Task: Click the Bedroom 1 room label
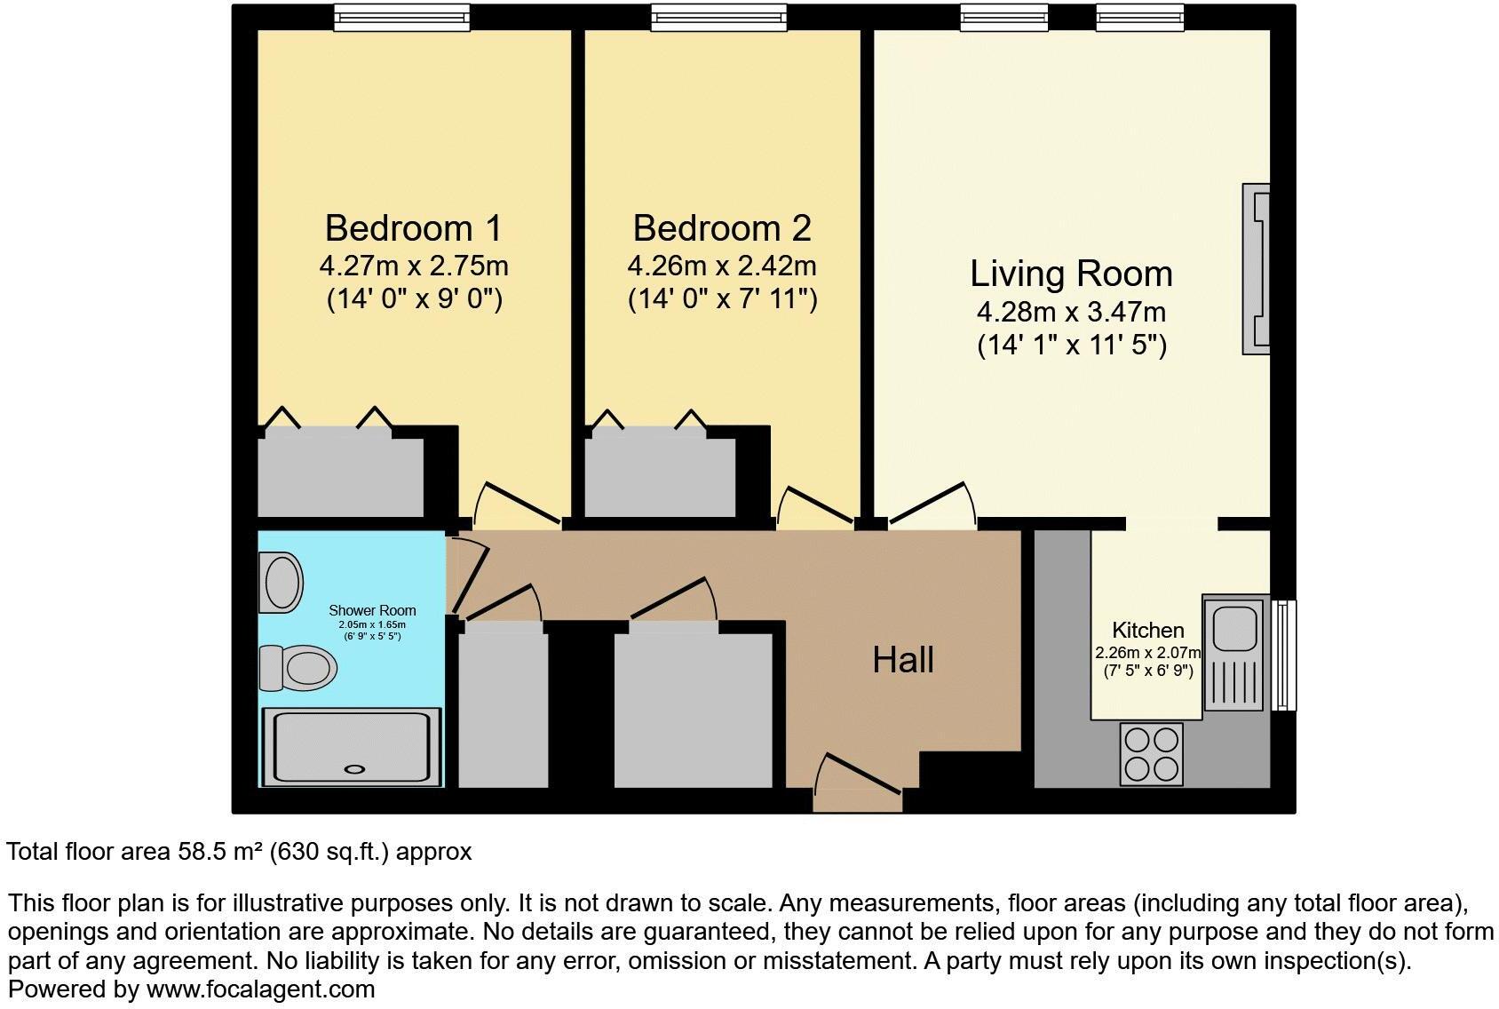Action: click(413, 228)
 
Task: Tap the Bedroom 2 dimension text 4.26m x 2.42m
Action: click(721, 266)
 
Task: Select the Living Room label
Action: click(1071, 274)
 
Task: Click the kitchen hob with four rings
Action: click(1152, 754)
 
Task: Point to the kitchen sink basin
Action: click(1232, 627)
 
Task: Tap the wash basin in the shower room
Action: click(282, 582)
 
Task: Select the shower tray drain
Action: click(354, 770)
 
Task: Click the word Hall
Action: click(902, 660)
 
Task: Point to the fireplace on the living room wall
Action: click(1257, 269)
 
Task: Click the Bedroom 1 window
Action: click(401, 17)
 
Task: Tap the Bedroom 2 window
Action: click(718, 17)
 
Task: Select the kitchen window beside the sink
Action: click(1283, 655)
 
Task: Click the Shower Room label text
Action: click(372, 610)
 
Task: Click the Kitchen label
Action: click(1147, 631)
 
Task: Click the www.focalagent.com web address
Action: click(260, 989)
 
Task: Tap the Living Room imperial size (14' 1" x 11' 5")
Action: click(1071, 345)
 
